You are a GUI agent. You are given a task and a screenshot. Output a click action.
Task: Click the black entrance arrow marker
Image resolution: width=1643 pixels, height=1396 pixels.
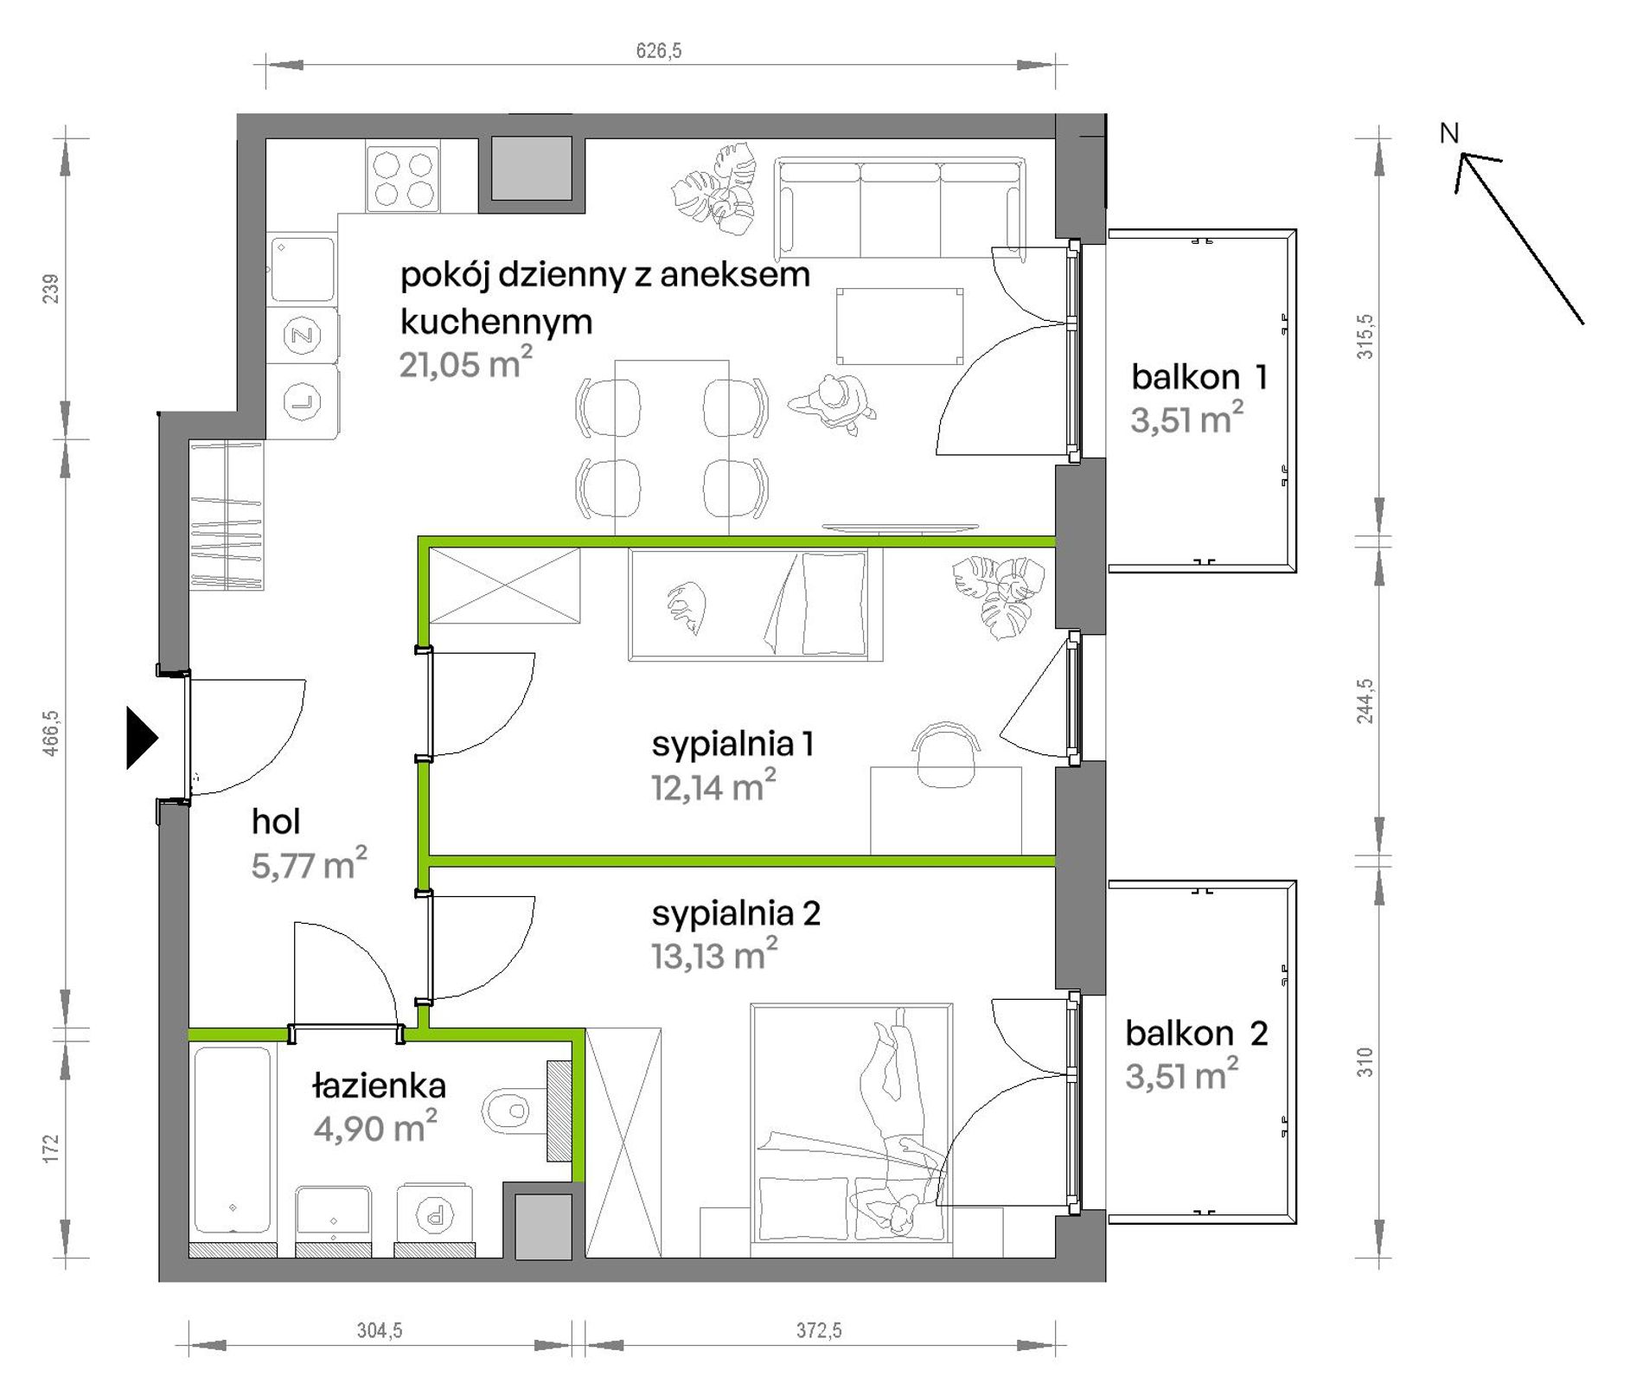point(142,738)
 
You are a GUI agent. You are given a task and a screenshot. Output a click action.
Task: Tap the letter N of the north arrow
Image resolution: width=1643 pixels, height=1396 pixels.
point(1449,133)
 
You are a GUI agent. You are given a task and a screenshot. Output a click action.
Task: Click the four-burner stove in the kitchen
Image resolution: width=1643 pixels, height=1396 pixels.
point(403,179)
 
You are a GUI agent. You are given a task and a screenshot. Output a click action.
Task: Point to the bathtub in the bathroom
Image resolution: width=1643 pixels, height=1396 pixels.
point(232,1140)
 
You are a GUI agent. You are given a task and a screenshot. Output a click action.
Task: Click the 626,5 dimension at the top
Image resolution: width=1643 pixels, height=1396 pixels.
point(659,51)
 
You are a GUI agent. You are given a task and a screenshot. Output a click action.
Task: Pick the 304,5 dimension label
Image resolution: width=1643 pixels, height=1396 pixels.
point(380,1330)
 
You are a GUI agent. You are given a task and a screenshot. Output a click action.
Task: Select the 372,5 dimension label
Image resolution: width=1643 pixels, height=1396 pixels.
point(819,1330)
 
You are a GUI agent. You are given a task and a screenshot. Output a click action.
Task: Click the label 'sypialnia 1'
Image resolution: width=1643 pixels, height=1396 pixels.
point(732,744)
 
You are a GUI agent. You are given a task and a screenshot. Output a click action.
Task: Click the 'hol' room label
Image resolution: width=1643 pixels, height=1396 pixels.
point(276,822)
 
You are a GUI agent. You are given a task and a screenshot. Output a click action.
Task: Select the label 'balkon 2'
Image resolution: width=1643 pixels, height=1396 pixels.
point(1197,1033)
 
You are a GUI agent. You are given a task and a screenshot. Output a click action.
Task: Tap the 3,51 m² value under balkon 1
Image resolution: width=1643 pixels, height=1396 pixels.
point(1187,419)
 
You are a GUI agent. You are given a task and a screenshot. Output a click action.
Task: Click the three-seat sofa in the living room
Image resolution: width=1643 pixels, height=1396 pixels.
point(900,208)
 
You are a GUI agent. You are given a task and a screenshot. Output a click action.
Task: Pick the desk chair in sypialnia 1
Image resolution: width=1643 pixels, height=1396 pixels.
point(946,755)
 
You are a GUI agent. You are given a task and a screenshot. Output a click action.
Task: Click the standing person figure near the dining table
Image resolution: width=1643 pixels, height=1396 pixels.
point(832,403)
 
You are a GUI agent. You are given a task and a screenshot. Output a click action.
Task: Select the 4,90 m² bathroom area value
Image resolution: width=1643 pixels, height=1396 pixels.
point(375,1128)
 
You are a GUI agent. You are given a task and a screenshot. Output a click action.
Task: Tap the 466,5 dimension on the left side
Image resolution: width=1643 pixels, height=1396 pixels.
point(51,733)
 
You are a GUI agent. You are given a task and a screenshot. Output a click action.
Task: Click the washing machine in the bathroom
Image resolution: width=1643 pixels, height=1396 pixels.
point(435,1217)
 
